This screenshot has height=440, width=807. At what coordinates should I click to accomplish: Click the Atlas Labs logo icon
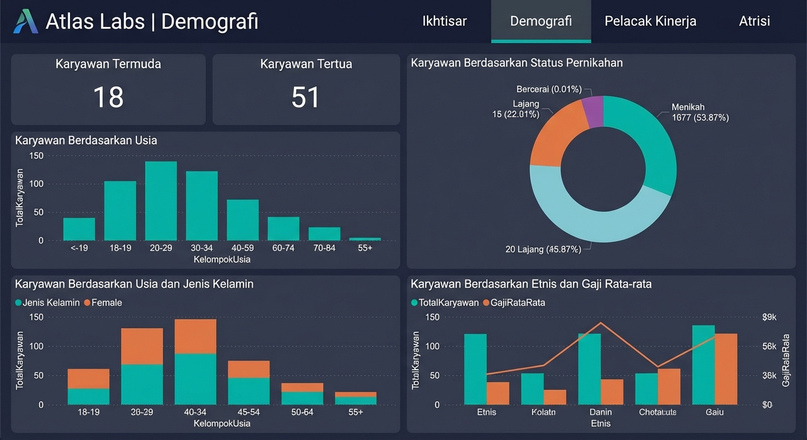click(x=26, y=21)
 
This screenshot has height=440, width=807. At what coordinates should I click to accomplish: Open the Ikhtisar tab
click(x=444, y=21)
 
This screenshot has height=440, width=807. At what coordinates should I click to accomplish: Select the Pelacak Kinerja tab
click(x=650, y=21)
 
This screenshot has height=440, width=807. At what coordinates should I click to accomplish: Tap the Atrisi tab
click(x=754, y=21)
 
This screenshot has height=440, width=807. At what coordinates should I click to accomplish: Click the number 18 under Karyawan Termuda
click(x=108, y=97)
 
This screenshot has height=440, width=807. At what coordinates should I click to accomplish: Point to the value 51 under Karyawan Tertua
click(x=305, y=97)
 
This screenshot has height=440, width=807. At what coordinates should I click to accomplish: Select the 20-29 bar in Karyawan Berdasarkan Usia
click(x=160, y=201)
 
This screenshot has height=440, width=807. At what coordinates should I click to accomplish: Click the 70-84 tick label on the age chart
click(x=324, y=249)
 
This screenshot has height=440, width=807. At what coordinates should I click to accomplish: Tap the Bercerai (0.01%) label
click(x=549, y=89)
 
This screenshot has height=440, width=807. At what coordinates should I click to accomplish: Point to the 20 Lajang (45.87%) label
click(x=543, y=249)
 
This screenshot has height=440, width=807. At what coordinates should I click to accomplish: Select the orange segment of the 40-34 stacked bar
click(x=195, y=336)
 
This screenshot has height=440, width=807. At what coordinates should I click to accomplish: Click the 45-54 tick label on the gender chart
click(x=249, y=412)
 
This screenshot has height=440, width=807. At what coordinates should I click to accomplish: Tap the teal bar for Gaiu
click(x=703, y=365)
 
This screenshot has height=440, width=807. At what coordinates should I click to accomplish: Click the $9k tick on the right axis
click(x=769, y=317)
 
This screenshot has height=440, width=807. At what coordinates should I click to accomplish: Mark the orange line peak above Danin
click(x=600, y=323)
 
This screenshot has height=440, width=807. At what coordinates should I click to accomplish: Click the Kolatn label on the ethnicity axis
click(x=543, y=412)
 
